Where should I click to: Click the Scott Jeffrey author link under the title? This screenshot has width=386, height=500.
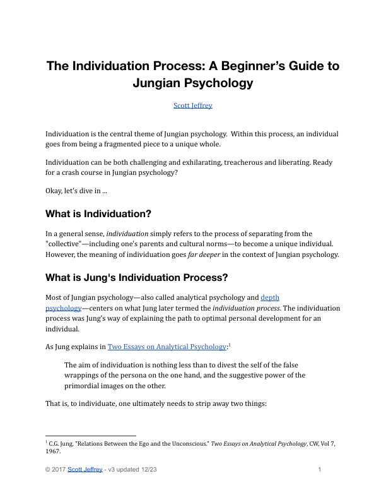click(192, 105)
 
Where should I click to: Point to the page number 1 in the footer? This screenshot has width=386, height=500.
click(320, 469)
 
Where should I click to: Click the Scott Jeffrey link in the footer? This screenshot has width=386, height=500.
click(85, 469)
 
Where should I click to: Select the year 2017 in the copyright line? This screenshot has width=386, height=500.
click(59, 469)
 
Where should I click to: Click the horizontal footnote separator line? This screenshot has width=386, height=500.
click(91, 436)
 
